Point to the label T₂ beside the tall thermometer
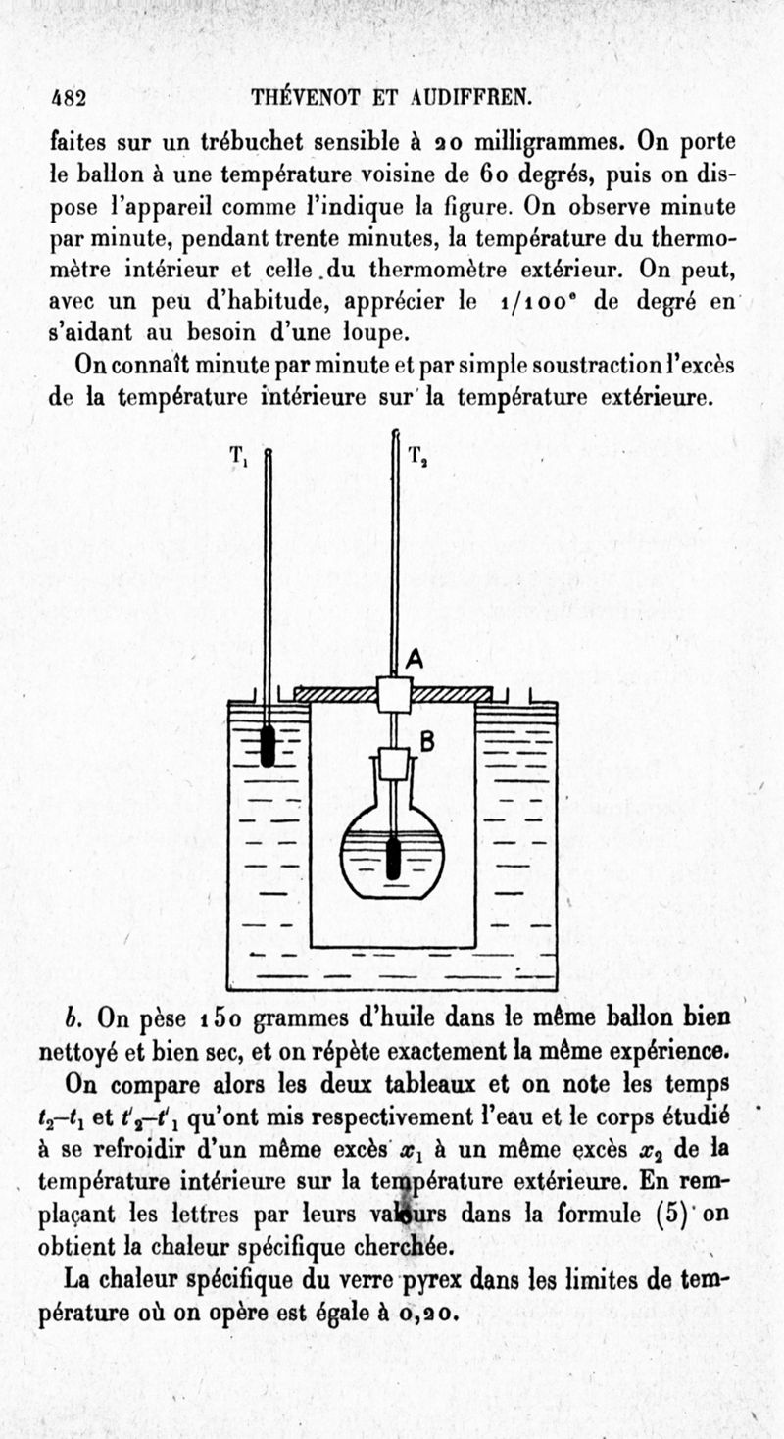coord(416,456)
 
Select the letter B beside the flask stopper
coord(427,742)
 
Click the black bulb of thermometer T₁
coord(268,747)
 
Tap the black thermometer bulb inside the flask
coord(394,857)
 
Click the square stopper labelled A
coord(394,694)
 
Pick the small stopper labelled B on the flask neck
coord(394,763)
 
